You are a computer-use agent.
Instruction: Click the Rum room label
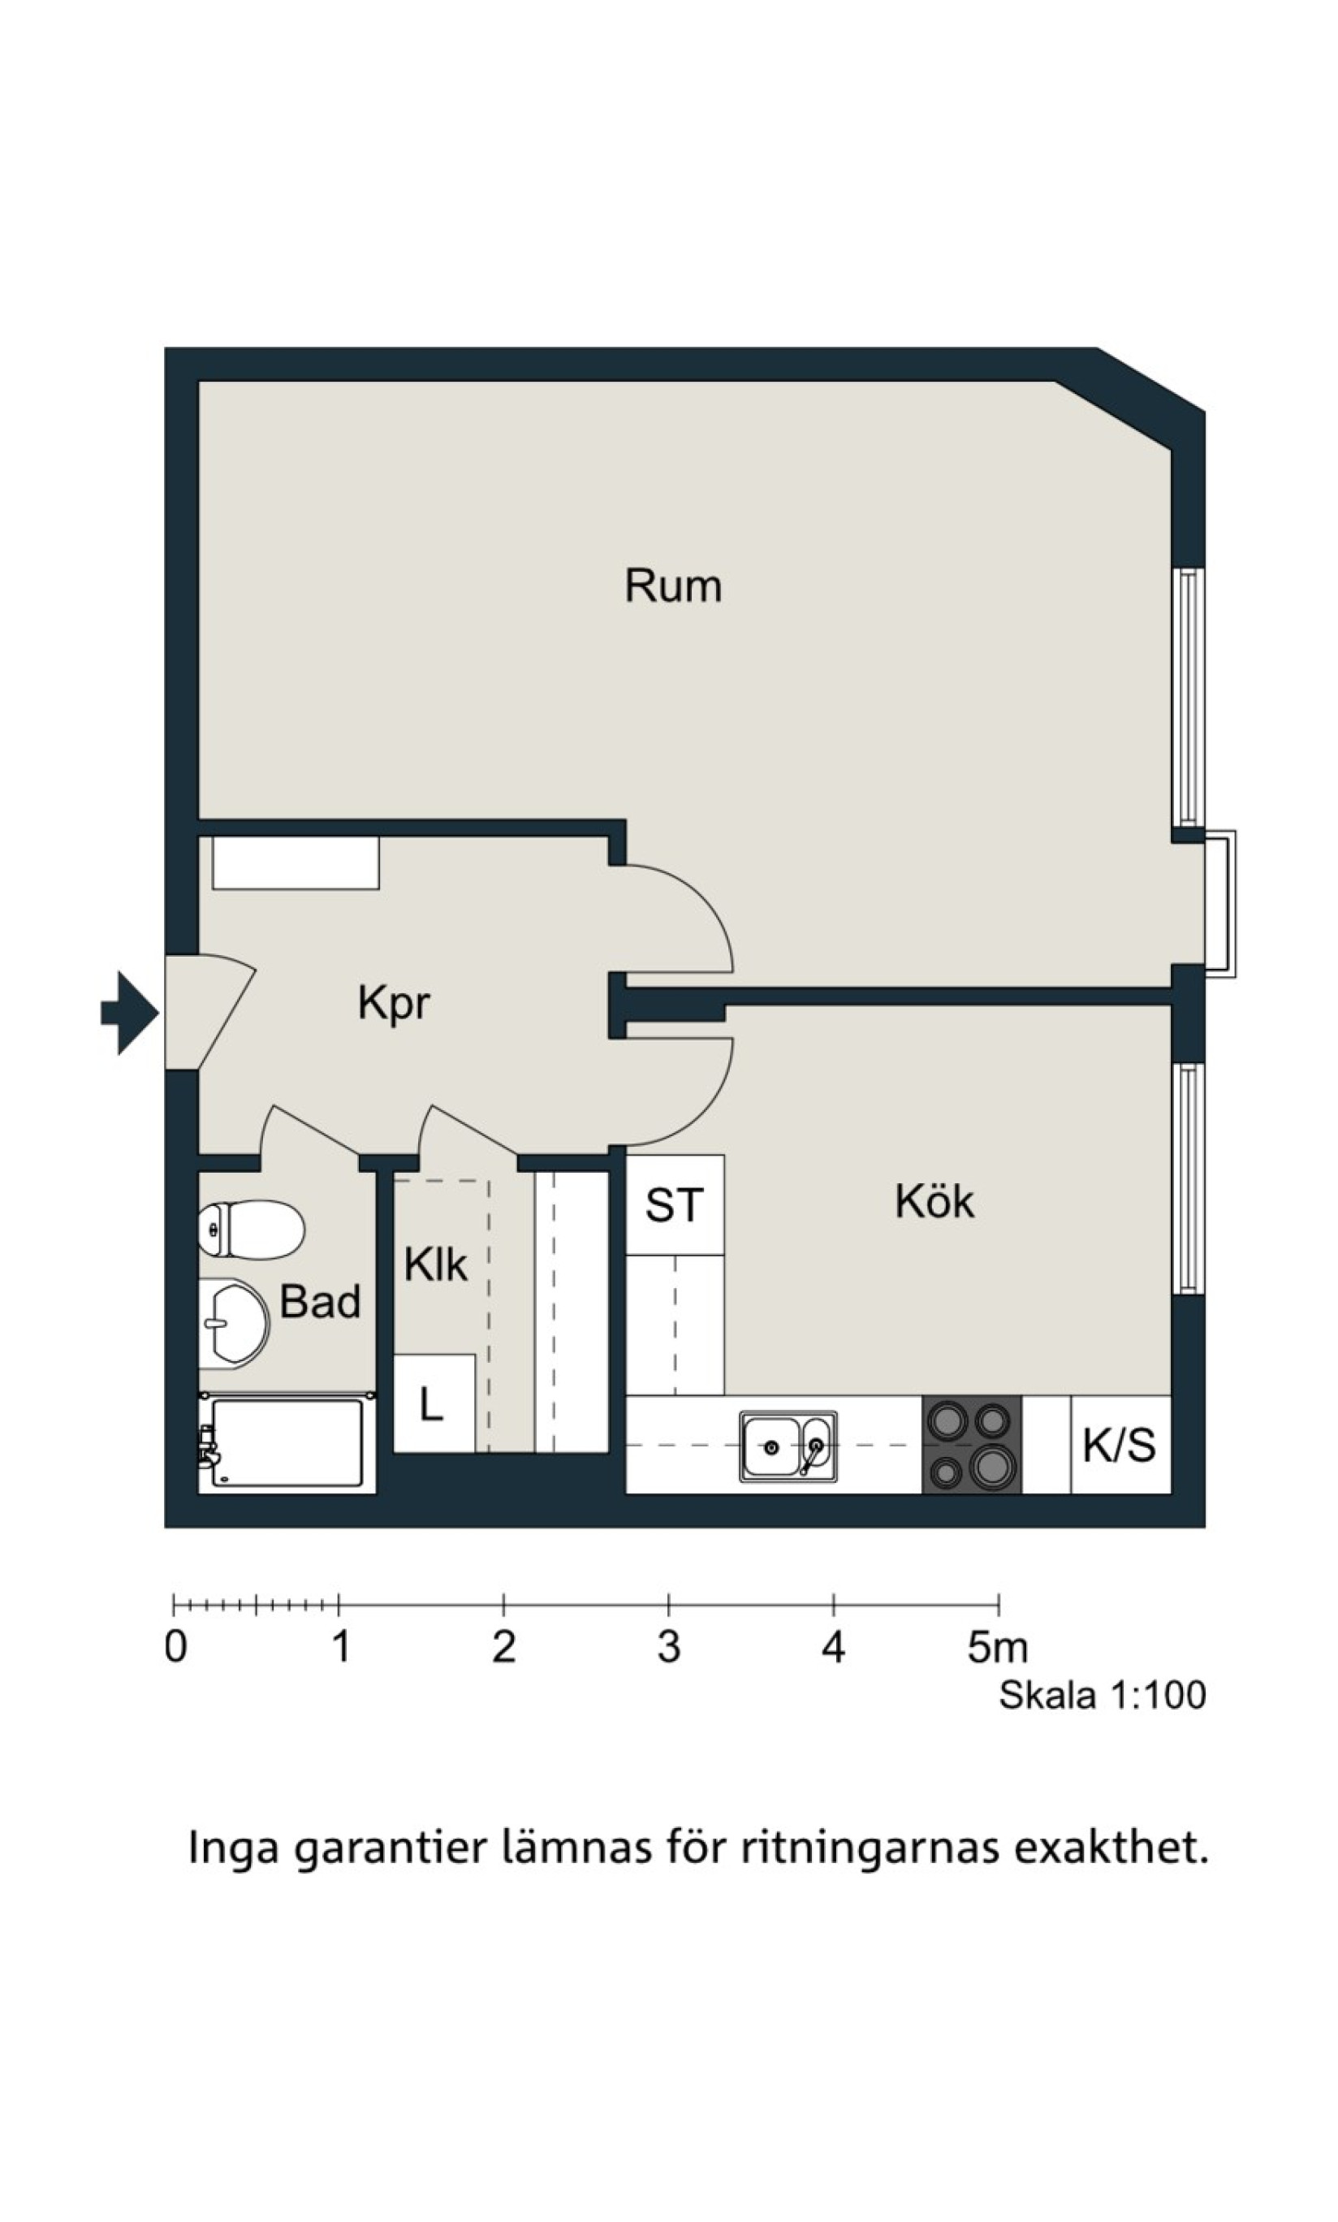tap(674, 586)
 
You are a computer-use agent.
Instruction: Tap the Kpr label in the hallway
tap(394, 1004)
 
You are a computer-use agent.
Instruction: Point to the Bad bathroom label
tap(320, 1301)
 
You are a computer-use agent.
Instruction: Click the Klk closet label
tap(435, 1264)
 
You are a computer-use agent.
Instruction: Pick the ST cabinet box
tap(675, 1204)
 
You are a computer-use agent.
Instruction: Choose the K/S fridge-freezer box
tap(1120, 1445)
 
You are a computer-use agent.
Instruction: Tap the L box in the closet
tap(434, 1403)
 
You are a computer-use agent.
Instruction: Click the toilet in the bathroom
tap(252, 1229)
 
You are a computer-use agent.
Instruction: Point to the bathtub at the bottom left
tap(287, 1443)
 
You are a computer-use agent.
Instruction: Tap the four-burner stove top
tap(971, 1445)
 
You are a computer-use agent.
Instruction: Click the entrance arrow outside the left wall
tap(130, 1013)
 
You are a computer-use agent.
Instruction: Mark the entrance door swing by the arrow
tap(210, 1011)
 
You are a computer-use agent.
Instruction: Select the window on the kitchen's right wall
tap(1189, 1178)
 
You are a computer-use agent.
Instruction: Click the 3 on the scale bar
tap(668, 1647)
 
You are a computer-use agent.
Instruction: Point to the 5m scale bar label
tap(997, 1647)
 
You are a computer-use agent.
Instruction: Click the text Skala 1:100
tap(1102, 1696)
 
